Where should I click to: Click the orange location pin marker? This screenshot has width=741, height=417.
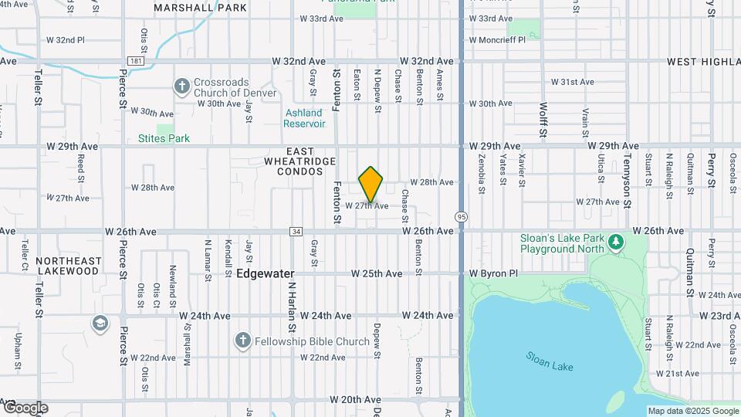click(x=371, y=185)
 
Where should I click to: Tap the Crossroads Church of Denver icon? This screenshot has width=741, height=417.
click(x=181, y=86)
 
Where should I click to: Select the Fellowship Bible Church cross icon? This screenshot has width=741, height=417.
click(x=243, y=341)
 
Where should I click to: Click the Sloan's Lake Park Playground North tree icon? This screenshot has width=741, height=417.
click(x=615, y=243)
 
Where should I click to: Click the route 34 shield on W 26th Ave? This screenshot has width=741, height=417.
click(x=296, y=231)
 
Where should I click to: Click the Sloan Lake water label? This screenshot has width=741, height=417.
click(x=550, y=361)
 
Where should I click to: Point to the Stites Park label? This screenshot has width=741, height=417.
click(x=164, y=139)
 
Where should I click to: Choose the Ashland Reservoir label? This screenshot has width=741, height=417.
click(x=303, y=118)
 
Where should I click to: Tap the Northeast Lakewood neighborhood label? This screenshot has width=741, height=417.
click(x=67, y=266)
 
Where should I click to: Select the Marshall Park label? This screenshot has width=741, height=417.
click(x=200, y=8)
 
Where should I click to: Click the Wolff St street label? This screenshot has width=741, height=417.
click(x=543, y=120)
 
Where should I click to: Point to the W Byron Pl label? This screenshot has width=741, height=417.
click(x=493, y=273)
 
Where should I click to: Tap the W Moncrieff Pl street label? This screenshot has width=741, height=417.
click(x=497, y=39)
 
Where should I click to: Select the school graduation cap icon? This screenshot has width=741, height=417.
click(x=100, y=322)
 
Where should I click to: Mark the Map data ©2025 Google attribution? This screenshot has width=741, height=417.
click(x=692, y=411)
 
